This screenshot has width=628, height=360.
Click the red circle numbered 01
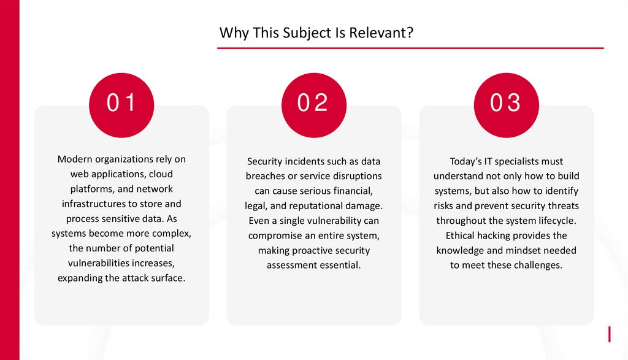click(x=121, y=103)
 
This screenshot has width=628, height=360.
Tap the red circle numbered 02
click(x=313, y=103)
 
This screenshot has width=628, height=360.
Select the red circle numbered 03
click(x=506, y=103)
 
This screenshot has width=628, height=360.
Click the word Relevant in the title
click(x=381, y=33)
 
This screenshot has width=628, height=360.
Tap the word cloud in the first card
click(x=161, y=174)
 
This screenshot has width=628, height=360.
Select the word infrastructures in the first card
click(x=100, y=204)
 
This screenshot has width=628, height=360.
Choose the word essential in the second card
click(x=339, y=265)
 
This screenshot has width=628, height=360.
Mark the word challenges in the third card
click(x=537, y=265)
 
